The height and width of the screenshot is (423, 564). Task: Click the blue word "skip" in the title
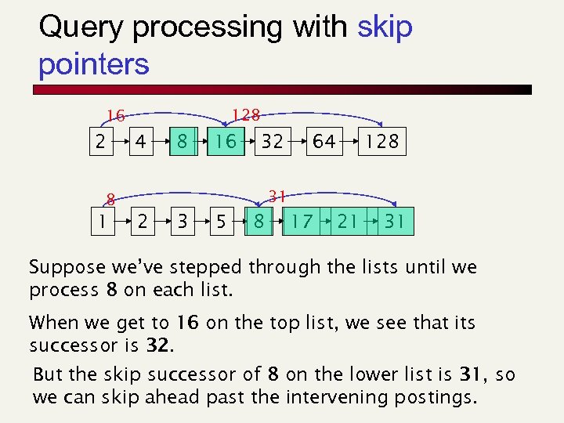point(384,27)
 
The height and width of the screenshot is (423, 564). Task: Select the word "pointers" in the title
point(93,64)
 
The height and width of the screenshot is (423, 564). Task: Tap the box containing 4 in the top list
point(140,142)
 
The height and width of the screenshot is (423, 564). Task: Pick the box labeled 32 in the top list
point(272,142)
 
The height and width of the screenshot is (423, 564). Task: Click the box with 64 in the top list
point(324,142)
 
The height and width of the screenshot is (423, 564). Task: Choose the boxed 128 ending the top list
point(382,142)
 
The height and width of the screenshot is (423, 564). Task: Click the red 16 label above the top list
point(116,117)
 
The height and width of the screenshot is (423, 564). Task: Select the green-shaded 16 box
point(226,142)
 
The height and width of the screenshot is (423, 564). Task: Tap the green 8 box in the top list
point(182,142)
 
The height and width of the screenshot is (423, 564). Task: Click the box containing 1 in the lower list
point(100,221)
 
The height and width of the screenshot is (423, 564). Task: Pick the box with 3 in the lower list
point(182,221)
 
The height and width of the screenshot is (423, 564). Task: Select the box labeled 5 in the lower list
point(223,221)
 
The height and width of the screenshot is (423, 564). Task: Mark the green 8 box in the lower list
point(258,221)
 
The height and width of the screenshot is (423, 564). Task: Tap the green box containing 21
point(347,221)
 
